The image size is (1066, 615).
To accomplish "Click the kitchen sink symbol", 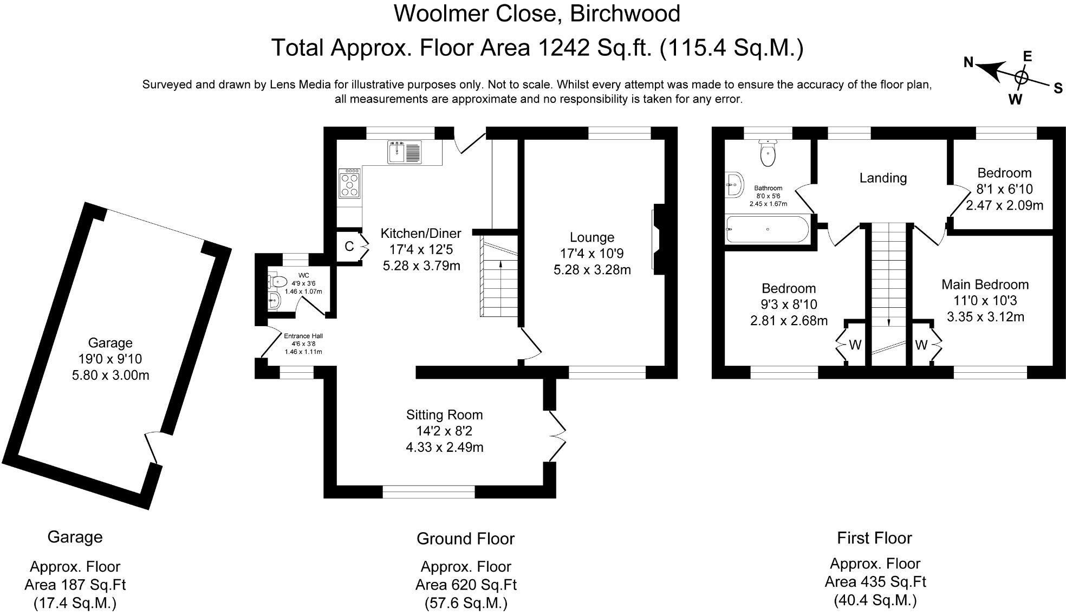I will tap(404, 151).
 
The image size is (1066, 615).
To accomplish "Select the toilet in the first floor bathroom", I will tap(768, 153).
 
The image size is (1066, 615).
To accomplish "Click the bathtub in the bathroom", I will tap(768, 229).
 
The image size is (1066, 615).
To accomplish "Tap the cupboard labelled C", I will tap(349, 247).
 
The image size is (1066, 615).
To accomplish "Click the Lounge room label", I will tap(591, 237).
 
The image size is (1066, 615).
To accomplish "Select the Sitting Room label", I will tap(444, 415).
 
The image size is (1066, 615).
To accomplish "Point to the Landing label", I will tap(883, 178).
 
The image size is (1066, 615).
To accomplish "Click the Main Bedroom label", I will tap(985, 284).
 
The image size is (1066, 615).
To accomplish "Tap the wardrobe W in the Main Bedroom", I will tap(921, 345).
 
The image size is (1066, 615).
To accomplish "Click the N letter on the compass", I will tap(969, 62).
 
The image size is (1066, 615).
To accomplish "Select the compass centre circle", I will tap(1021, 77).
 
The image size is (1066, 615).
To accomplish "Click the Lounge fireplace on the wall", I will tap(658, 239).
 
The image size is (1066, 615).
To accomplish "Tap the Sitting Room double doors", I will tap(558, 436).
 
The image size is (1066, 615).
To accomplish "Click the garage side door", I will tap(153, 448).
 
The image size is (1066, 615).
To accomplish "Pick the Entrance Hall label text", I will tap(303, 336).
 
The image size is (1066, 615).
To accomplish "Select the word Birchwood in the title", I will tap(625, 14).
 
